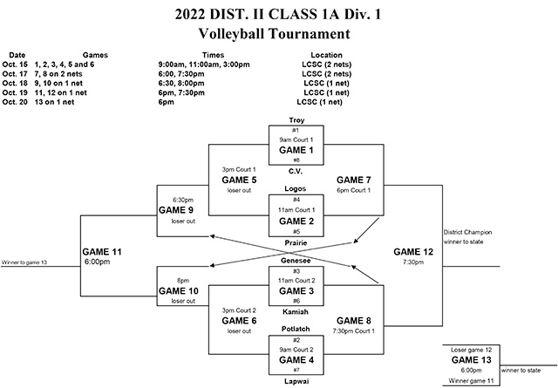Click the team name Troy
[x=296, y=119]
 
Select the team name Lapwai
[x=296, y=381]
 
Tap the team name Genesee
[x=296, y=260]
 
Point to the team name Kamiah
[x=296, y=310]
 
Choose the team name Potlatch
[x=296, y=330]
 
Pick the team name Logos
[x=296, y=189]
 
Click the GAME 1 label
[x=296, y=149]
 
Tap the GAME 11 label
[x=105, y=251]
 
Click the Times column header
[x=213, y=54]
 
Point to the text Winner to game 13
[x=26, y=262]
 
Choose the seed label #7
[x=296, y=370]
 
